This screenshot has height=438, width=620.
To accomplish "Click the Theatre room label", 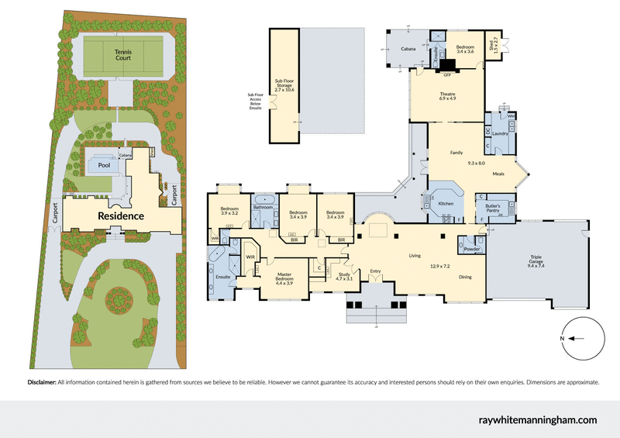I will tap(447, 95).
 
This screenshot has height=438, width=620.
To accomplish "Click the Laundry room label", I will tap(500, 133).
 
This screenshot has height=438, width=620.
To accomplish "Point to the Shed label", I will tap(493, 46).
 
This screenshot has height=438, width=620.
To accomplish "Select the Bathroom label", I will tap(263, 207).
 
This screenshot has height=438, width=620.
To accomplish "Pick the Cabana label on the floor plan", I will tap(408, 50).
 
